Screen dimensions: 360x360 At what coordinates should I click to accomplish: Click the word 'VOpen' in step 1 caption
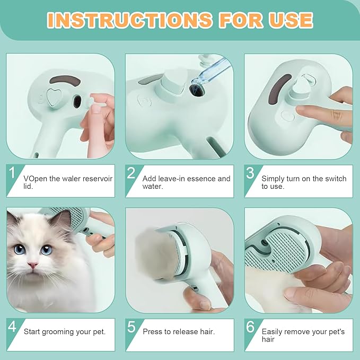coord(35,179)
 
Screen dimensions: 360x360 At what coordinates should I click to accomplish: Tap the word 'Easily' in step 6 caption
coord(274,332)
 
